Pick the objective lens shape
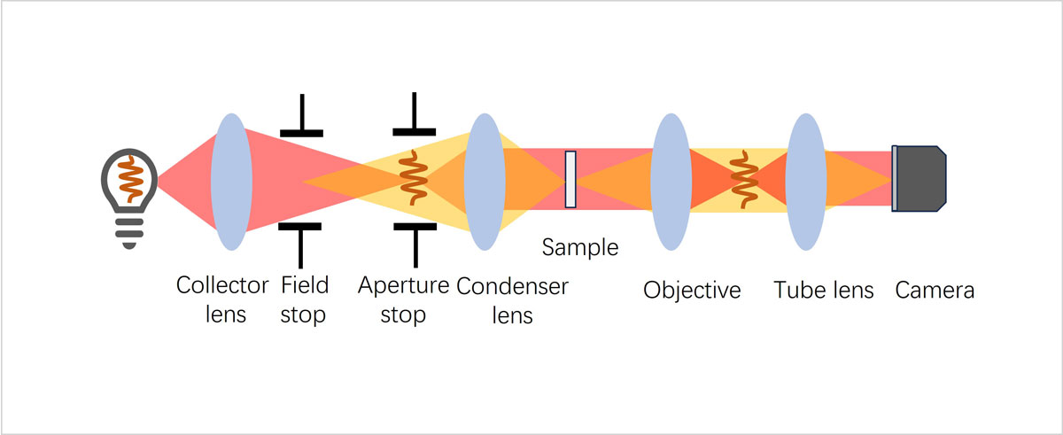(x=671, y=182)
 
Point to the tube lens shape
(x=804, y=182)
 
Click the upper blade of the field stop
(x=301, y=122)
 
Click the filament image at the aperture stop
(x=413, y=180)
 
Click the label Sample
(x=580, y=247)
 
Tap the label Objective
(x=692, y=291)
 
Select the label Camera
(x=935, y=290)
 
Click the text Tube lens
(x=823, y=291)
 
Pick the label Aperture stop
(x=404, y=299)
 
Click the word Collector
(x=221, y=285)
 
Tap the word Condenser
(x=512, y=285)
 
